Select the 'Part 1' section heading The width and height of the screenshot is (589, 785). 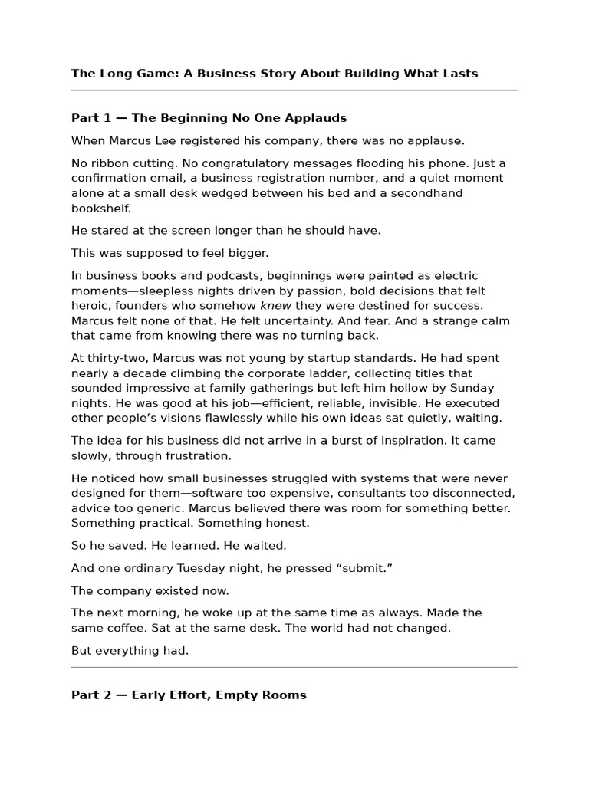(209, 118)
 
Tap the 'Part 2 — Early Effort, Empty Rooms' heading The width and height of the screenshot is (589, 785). (189, 695)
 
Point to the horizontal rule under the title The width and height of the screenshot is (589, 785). (294, 90)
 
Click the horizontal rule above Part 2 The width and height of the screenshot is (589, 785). (294, 668)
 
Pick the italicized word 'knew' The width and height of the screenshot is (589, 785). (275, 306)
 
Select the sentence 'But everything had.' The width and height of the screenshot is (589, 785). (130, 651)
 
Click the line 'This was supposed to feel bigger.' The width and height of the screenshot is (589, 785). (170, 253)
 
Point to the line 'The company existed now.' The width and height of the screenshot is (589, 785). (150, 591)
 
